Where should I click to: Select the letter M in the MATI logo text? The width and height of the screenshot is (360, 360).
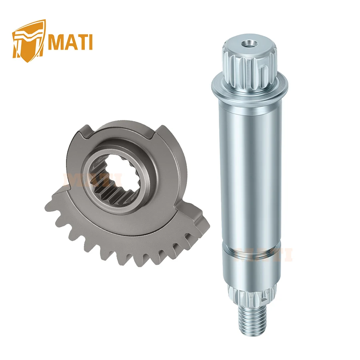[x=56, y=42]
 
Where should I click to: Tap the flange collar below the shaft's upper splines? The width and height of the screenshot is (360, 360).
[x=250, y=86]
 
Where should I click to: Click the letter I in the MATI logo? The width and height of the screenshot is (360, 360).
[x=90, y=42]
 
